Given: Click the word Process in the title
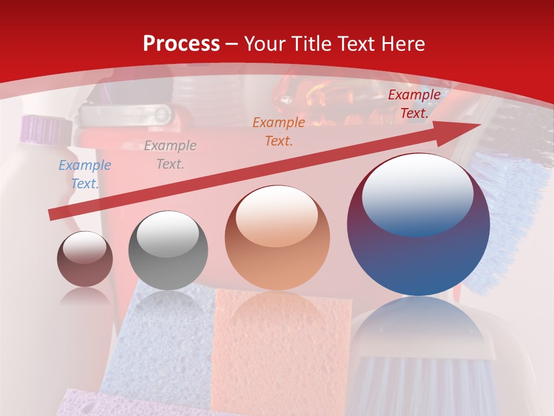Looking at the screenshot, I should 181,44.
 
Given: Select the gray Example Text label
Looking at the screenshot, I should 170,155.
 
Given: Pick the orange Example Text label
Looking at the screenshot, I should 279,131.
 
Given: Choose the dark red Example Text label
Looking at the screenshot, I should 414,104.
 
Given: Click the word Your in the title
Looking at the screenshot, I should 266,44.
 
